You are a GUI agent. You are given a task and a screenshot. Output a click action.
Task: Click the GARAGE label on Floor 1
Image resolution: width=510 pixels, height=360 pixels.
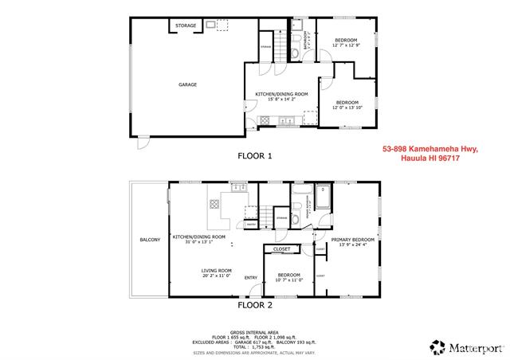point(187,84)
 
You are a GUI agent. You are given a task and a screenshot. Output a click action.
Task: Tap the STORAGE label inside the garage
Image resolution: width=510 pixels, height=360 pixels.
point(186,25)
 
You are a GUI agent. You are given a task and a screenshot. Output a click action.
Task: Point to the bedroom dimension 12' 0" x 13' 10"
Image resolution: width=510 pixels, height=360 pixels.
point(347,107)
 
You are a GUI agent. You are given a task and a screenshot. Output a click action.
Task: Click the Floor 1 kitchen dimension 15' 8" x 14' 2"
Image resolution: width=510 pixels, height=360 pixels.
point(276,99)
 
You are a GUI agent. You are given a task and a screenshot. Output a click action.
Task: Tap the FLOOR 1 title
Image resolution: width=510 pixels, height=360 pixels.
point(255,156)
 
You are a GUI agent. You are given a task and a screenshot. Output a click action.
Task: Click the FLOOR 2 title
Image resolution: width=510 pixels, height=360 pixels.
point(255,304)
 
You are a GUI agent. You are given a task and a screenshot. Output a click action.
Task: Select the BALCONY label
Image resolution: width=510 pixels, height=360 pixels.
point(150,240)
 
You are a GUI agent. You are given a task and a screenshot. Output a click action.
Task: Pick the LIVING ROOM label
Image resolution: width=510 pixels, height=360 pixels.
point(215,270)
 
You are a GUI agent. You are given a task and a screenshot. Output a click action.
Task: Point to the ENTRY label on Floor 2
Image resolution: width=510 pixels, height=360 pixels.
point(251,277)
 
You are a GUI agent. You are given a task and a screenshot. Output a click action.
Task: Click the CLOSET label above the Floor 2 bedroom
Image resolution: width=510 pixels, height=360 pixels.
point(281,249)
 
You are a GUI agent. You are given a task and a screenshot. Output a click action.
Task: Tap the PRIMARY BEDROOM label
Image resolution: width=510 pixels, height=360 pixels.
point(353,239)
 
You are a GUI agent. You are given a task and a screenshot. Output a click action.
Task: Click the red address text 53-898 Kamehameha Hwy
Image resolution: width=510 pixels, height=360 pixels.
point(430,149)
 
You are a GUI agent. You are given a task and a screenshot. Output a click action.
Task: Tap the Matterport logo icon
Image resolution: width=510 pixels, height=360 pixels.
point(437,346)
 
